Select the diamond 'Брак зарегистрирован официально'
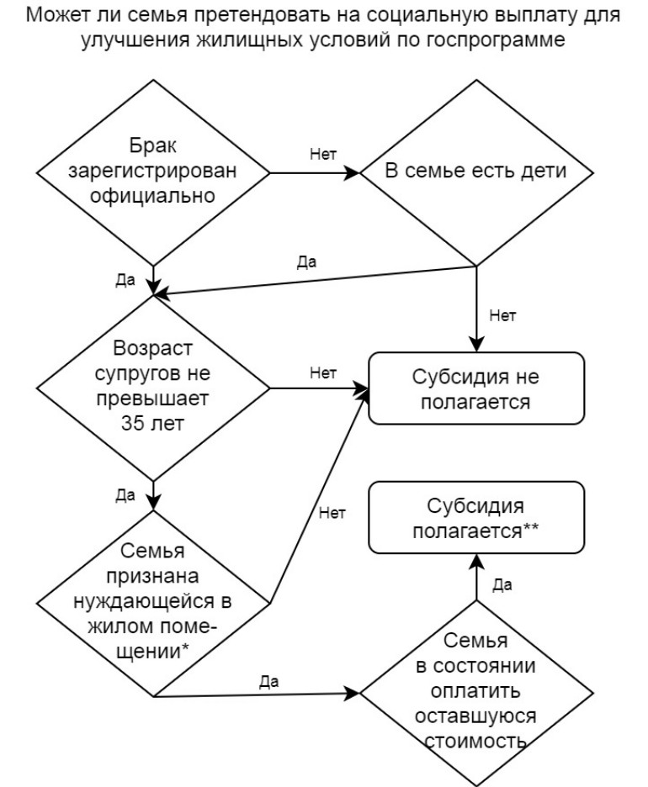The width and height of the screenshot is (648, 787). pos(152,173)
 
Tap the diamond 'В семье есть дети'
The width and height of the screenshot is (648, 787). pos(476,173)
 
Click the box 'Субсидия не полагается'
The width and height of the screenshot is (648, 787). pos(477,389)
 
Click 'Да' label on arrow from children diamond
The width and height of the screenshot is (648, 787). pos(307,261)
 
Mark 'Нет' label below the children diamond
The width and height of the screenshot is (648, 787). pos(502,317)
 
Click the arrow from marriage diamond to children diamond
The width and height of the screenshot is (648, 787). pos(315,174)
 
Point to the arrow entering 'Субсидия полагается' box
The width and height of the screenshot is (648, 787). pos(477,580)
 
